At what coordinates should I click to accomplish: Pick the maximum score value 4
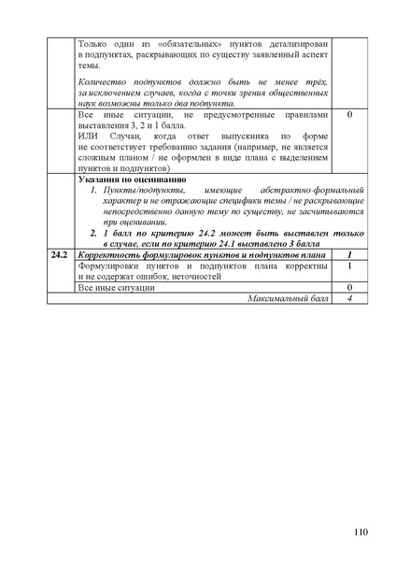pyautogui.click(x=348, y=297)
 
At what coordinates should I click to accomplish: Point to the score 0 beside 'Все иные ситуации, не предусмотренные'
pyautogui.click(x=348, y=116)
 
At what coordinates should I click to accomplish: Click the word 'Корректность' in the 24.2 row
pyautogui.click(x=107, y=254)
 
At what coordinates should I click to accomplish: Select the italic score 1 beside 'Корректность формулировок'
pyautogui.click(x=348, y=254)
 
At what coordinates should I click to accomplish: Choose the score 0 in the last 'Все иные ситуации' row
pyautogui.click(x=348, y=287)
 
